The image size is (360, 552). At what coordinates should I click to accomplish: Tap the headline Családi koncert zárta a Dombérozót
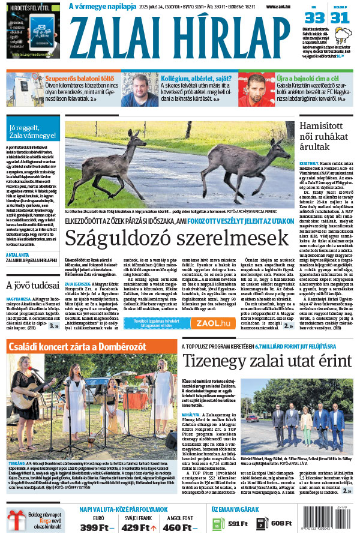[87, 346]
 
